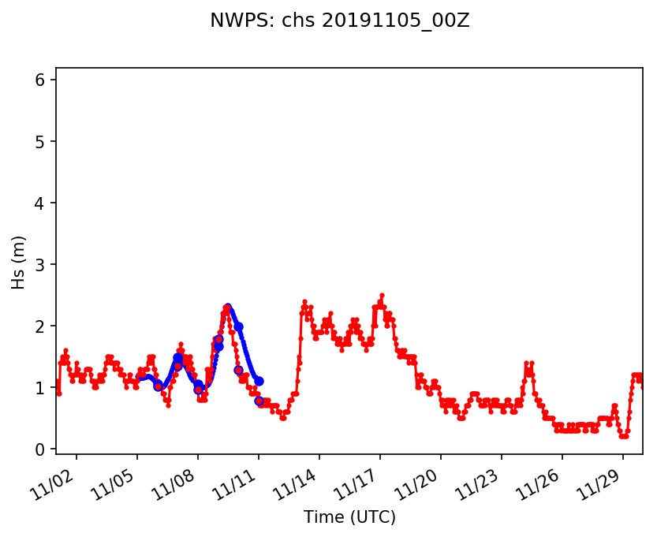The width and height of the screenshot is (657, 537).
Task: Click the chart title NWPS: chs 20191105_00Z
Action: pos(339,21)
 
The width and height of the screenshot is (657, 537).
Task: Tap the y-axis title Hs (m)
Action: pos(19,262)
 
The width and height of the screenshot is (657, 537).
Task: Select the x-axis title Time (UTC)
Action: pos(349,517)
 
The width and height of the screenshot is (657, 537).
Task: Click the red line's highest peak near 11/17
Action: pos(383,295)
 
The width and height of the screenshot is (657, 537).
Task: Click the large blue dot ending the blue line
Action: pos(259,381)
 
